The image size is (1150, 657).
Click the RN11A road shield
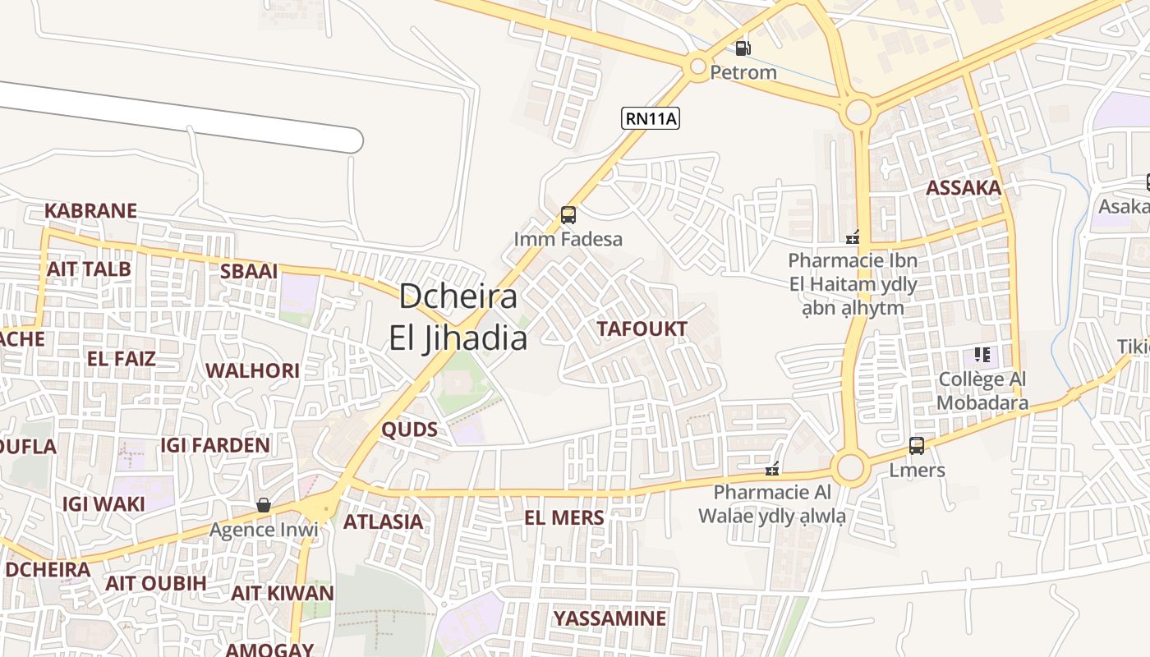coord(651,118)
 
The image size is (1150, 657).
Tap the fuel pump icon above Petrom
coord(743,48)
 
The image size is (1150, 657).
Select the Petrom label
coord(743,72)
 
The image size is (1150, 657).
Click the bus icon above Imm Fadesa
coord(568,215)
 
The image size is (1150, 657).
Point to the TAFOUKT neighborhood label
coord(642,329)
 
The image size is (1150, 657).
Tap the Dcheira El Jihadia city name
coord(458,317)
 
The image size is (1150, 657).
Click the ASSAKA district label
coord(964,188)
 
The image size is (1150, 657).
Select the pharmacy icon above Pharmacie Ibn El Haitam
coord(853,237)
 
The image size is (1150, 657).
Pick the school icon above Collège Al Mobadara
coord(982,355)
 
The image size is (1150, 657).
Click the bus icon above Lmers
coord(917,446)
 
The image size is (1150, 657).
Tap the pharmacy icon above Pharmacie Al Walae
coord(772,469)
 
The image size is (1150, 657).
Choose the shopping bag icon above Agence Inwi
coord(263,505)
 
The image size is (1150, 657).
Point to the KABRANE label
coord(90,211)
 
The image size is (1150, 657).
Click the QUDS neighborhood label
coord(409,430)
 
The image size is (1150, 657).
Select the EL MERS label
coord(564,518)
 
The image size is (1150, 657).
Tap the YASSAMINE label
coord(609,618)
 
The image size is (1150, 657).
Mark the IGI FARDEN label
coord(214,445)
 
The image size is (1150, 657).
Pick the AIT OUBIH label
coord(156,583)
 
